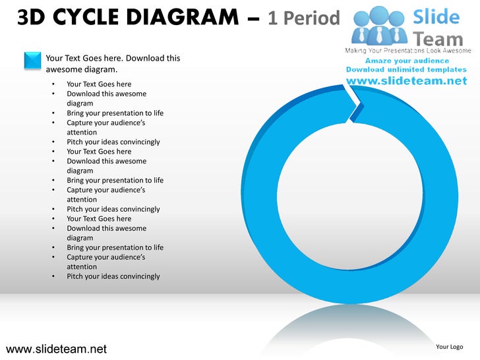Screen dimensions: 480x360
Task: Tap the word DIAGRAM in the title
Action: click(x=191, y=17)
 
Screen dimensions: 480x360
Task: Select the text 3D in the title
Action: click(x=31, y=17)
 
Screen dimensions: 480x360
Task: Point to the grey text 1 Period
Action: click(x=303, y=18)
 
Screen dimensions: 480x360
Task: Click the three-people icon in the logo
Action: click(x=378, y=24)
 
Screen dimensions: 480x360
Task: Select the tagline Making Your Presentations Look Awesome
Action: click(x=408, y=51)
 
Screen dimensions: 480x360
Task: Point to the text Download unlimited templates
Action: click(x=406, y=69)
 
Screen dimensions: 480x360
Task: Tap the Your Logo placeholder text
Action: click(x=449, y=347)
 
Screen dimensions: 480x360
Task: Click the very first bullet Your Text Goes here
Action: click(x=99, y=84)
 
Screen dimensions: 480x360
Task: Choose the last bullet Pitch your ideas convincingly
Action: click(x=113, y=276)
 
